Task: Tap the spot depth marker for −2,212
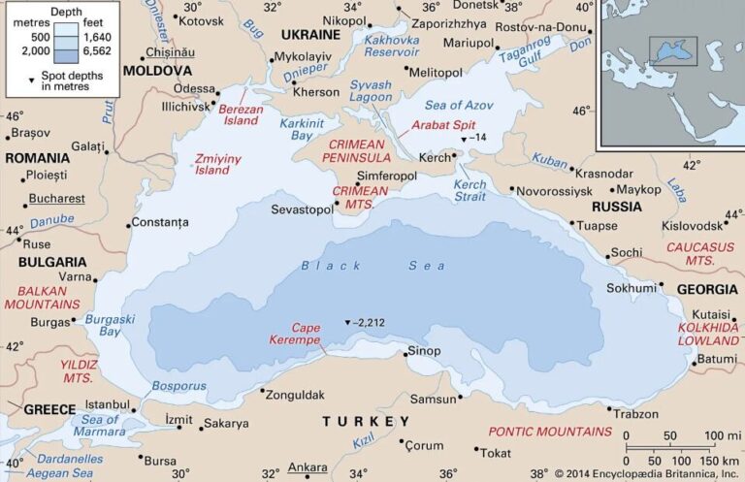click(347, 322)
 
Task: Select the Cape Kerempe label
click(311, 335)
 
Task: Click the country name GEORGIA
click(707, 289)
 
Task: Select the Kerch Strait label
click(470, 190)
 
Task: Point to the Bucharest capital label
click(56, 199)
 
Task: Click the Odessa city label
click(194, 89)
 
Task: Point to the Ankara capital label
click(308, 466)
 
